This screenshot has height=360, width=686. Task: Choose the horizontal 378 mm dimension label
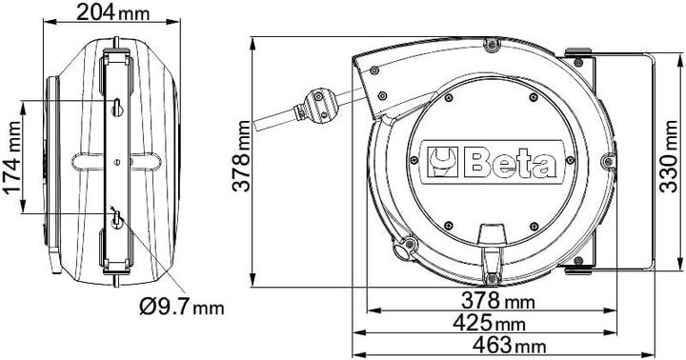pos(495,301)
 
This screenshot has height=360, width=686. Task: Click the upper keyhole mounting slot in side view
pos(115,106)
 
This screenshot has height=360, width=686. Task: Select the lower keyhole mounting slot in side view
pos(116,219)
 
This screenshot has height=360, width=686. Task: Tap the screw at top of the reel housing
pos(490,45)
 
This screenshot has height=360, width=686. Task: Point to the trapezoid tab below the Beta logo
pos(492,234)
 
